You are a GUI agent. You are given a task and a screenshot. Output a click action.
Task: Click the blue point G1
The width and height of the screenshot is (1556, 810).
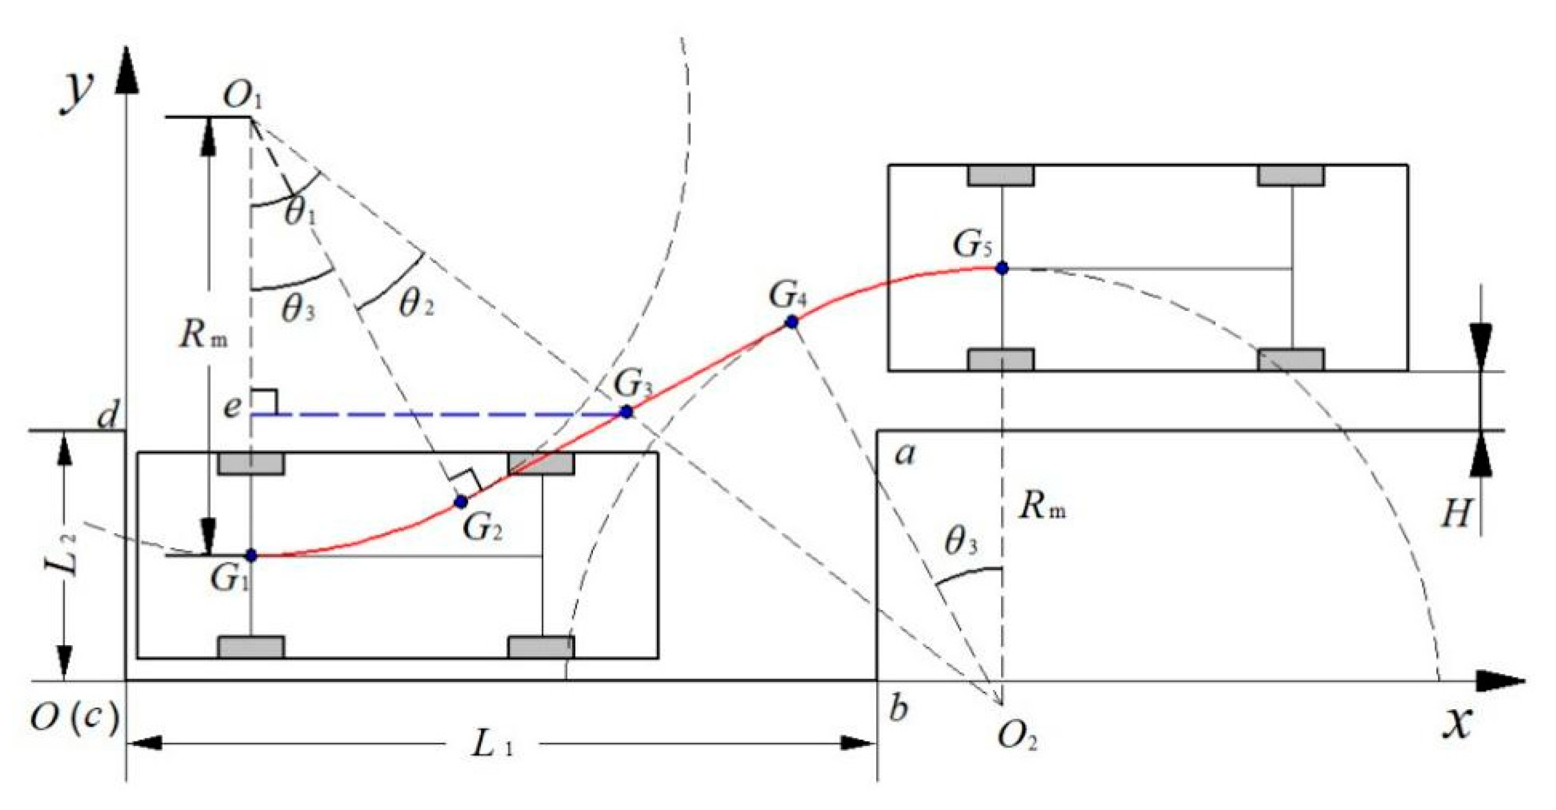click(x=251, y=555)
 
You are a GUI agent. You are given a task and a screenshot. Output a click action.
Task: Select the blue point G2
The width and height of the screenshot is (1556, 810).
click(x=461, y=501)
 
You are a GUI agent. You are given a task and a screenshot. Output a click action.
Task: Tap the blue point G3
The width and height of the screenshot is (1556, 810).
click(x=626, y=412)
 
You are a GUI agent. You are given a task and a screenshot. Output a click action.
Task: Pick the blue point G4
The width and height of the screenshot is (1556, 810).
click(x=791, y=323)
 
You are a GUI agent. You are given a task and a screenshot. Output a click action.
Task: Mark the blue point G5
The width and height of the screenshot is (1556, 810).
click(x=1002, y=267)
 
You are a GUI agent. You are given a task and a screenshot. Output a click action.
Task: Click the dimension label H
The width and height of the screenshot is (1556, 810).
click(x=1456, y=513)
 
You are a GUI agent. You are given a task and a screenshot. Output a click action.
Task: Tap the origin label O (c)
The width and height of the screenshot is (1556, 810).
click(x=74, y=719)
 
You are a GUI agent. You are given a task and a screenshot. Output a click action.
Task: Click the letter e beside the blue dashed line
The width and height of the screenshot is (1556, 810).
click(x=232, y=408)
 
